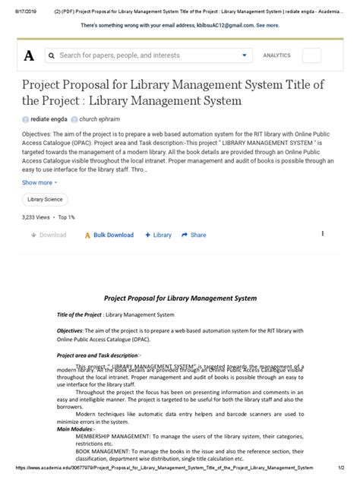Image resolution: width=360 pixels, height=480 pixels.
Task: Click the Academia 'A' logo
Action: coord(29,55)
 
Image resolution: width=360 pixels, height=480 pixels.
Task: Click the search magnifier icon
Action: coord(51,55)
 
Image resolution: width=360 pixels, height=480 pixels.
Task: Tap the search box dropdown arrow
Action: coord(245,55)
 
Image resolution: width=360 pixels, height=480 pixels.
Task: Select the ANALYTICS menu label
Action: coord(276,55)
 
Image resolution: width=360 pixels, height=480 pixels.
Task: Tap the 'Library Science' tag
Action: coord(46,199)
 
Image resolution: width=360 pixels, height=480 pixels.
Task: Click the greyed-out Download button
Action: coord(49,235)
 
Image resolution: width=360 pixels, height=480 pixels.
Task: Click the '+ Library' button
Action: coord(158,235)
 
